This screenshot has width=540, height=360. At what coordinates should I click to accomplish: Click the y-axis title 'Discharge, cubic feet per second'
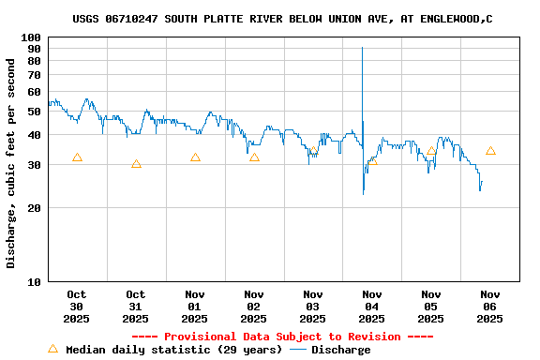11,163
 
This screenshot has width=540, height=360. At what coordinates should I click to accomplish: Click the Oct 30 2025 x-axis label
77,307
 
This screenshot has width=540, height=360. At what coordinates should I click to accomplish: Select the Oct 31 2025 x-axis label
136,307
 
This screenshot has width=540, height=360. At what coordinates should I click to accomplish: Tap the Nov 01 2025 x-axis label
195,307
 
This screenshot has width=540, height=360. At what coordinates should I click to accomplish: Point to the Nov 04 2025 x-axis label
372,307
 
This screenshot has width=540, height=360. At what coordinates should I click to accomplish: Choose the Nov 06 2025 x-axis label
489,307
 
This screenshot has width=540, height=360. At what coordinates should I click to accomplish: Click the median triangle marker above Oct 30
77,157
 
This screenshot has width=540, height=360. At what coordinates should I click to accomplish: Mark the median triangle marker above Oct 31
136,164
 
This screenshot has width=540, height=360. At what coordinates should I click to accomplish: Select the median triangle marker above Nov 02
254,157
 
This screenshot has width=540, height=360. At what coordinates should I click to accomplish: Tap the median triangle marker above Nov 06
490,151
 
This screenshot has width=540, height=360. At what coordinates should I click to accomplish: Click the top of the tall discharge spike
363,48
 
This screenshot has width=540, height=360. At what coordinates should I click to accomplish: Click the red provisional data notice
282,337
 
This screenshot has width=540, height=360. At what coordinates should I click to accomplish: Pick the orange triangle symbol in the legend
52,349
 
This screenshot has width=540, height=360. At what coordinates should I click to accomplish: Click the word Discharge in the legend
340,350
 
